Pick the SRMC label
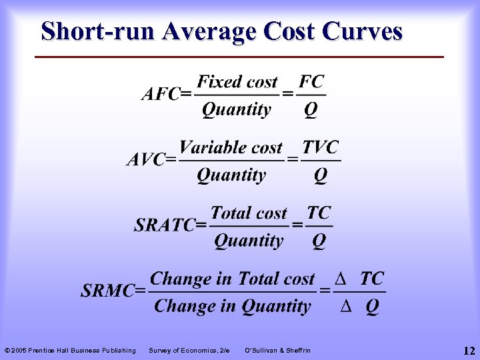tap(112, 291)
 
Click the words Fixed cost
tap(237, 82)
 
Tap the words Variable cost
tap(231, 147)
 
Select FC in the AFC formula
tap(311, 82)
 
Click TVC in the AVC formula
tap(321, 147)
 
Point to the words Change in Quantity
tap(232, 306)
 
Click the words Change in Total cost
tap(232, 278)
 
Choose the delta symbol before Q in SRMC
tap(345, 307)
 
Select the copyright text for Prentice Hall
tap(70, 350)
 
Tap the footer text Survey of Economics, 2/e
tap(189, 350)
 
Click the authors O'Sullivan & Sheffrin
tap(277, 350)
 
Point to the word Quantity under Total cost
tap(249, 241)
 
